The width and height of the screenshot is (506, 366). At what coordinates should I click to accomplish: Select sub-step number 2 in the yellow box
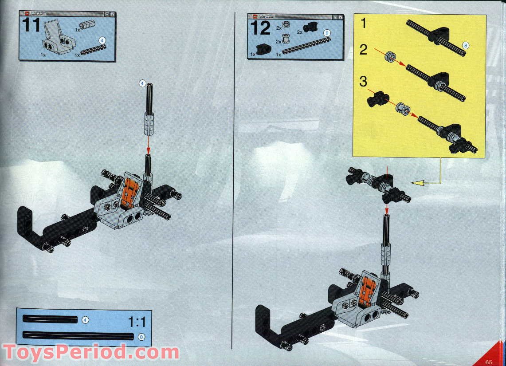[364, 50]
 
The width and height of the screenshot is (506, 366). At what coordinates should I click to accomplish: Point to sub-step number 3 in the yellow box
[364, 82]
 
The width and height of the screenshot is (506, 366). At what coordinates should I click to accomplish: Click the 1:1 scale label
[137, 322]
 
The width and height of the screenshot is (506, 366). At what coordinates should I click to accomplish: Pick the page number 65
[489, 360]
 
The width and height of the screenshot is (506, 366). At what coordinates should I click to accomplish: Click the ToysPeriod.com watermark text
[90, 353]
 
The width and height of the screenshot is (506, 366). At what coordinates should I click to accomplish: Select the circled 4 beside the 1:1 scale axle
[85, 319]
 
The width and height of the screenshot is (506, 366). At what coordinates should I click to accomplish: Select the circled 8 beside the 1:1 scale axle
[141, 336]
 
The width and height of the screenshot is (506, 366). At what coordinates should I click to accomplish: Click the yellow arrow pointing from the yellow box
[421, 182]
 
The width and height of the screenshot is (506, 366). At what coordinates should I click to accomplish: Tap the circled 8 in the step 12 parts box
[327, 33]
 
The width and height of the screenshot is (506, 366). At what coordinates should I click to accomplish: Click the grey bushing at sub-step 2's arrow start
[390, 56]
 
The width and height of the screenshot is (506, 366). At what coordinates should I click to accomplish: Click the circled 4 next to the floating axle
[142, 83]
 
